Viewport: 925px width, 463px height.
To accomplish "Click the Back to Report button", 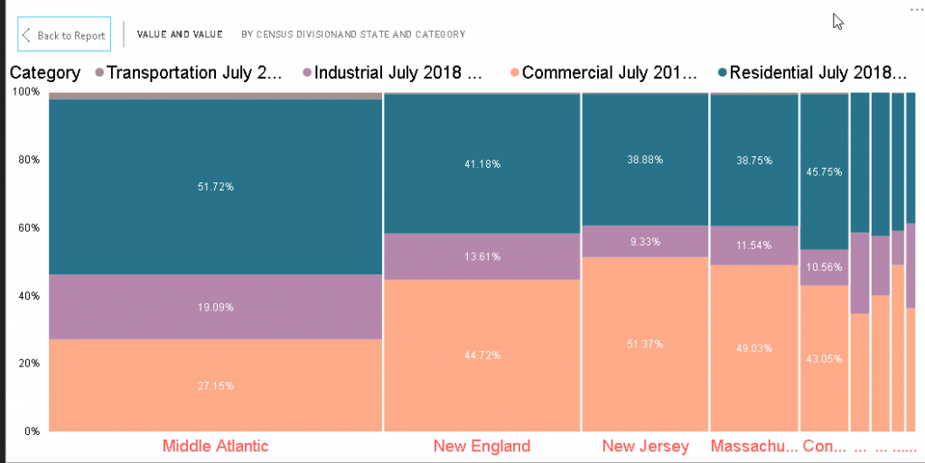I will [64, 35].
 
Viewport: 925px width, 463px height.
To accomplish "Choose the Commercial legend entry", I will [608, 73].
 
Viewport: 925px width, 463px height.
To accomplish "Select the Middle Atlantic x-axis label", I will [215, 446].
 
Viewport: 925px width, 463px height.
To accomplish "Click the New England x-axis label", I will [481, 446].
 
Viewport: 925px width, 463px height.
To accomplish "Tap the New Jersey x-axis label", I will [645, 446].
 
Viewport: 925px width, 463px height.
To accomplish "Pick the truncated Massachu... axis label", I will [754, 446].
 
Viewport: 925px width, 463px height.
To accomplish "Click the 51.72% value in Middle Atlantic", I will [215, 187].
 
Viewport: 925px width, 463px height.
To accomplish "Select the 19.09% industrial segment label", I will [215, 307].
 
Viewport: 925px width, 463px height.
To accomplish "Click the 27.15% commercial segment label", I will [215, 385].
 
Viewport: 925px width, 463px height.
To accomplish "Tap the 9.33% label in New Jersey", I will [645, 242].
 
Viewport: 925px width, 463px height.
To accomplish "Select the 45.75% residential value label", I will [824, 171].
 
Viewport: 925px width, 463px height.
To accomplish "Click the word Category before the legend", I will [44, 73].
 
